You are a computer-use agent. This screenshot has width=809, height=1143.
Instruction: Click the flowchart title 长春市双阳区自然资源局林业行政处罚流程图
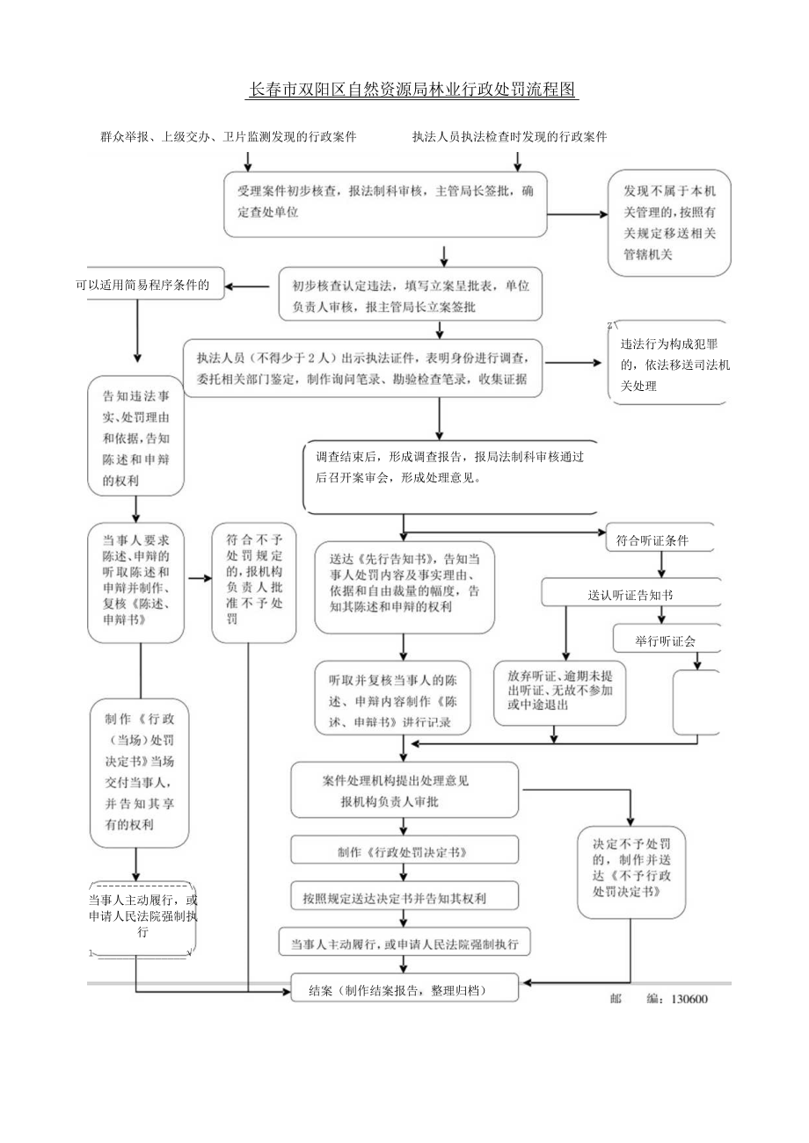click(412, 90)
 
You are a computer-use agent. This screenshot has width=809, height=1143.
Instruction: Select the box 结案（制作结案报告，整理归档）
click(404, 989)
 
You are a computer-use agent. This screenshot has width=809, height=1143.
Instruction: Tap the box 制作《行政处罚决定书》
click(404, 851)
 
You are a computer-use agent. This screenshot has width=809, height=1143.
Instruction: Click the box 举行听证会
click(666, 640)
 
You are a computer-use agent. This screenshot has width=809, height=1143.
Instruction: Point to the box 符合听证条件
click(664, 539)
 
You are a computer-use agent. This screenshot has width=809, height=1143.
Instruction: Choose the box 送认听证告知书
click(630, 595)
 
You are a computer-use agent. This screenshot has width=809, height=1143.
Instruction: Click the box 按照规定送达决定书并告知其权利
click(404, 898)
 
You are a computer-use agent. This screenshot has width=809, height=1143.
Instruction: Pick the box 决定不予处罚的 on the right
click(631, 865)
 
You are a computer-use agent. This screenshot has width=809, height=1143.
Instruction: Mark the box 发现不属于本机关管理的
click(669, 222)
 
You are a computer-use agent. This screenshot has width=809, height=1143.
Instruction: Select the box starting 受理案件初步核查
click(385, 203)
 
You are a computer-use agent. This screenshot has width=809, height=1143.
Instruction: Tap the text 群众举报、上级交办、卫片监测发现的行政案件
click(228, 137)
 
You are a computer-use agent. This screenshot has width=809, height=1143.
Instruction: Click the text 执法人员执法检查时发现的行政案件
click(510, 137)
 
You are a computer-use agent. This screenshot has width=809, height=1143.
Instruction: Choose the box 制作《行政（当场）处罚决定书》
click(135, 772)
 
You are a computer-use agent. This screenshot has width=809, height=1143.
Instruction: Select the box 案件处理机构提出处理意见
click(404, 790)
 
